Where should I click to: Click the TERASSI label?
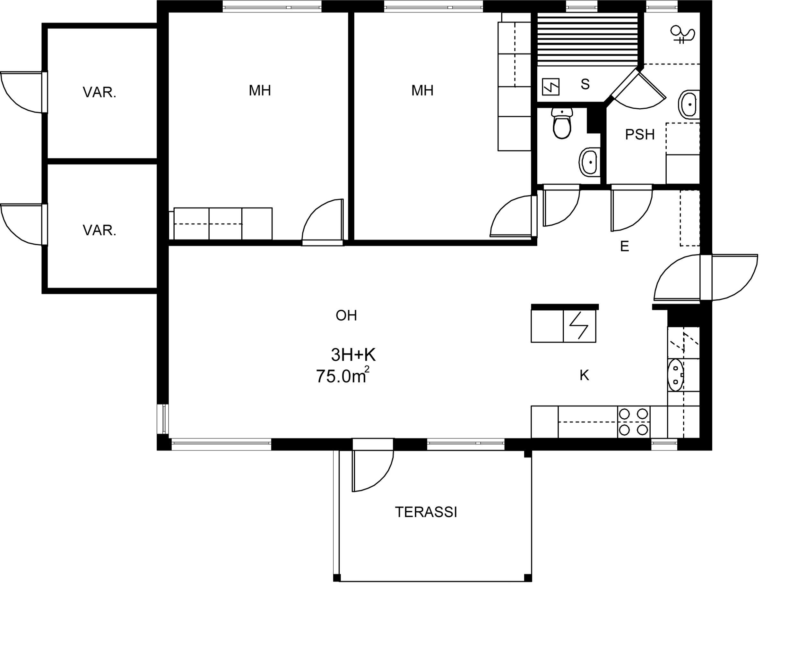[426, 512]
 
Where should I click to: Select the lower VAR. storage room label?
[99, 231]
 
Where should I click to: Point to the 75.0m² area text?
[342, 375]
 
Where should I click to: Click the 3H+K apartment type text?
[353, 355]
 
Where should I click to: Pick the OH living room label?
[346, 315]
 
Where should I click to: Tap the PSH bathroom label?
[640, 135]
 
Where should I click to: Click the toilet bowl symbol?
[562, 123]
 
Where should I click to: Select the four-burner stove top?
[633, 422]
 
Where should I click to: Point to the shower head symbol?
[682, 34]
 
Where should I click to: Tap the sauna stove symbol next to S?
[550, 87]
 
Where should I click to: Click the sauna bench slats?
[588, 39]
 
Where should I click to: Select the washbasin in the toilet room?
[589, 162]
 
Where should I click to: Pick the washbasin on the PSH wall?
[689, 105]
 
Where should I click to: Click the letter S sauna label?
[585, 84]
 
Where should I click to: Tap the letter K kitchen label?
[584, 376]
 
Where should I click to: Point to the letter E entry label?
[624, 246]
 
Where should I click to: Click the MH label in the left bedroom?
[260, 91]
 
